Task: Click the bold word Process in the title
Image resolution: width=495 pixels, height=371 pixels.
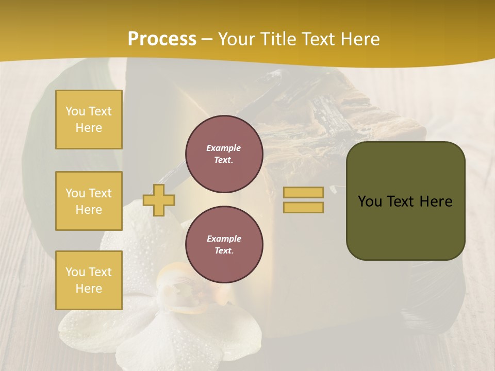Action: click(162, 39)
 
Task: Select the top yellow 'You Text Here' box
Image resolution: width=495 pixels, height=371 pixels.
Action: click(89, 120)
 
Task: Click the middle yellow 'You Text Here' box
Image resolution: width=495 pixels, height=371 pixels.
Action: click(89, 201)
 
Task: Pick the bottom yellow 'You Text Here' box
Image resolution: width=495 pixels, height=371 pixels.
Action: click(89, 280)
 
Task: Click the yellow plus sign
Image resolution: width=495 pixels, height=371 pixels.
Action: click(158, 200)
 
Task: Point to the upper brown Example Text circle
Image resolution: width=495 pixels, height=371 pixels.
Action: click(224, 154)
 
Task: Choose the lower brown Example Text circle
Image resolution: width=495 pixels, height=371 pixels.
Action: click(224, 245)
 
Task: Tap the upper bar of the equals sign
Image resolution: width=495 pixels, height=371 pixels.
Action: click(303, 192)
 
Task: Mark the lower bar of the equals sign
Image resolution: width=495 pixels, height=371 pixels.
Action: click(303, 208)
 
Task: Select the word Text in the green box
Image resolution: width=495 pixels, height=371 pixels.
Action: click(401, 201)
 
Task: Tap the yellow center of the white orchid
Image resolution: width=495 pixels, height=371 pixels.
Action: click(177, 281)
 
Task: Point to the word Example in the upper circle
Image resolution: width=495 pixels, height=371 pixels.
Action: click(224, 148)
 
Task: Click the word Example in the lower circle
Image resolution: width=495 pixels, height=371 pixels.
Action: click(224, 239)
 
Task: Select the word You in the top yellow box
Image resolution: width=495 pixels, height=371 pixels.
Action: click(75, 111)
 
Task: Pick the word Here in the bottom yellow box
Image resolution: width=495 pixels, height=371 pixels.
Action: click(89, 289)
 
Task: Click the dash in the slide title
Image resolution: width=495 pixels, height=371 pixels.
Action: click(207, 39)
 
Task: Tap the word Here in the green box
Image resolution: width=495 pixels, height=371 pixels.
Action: click(436, 201)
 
